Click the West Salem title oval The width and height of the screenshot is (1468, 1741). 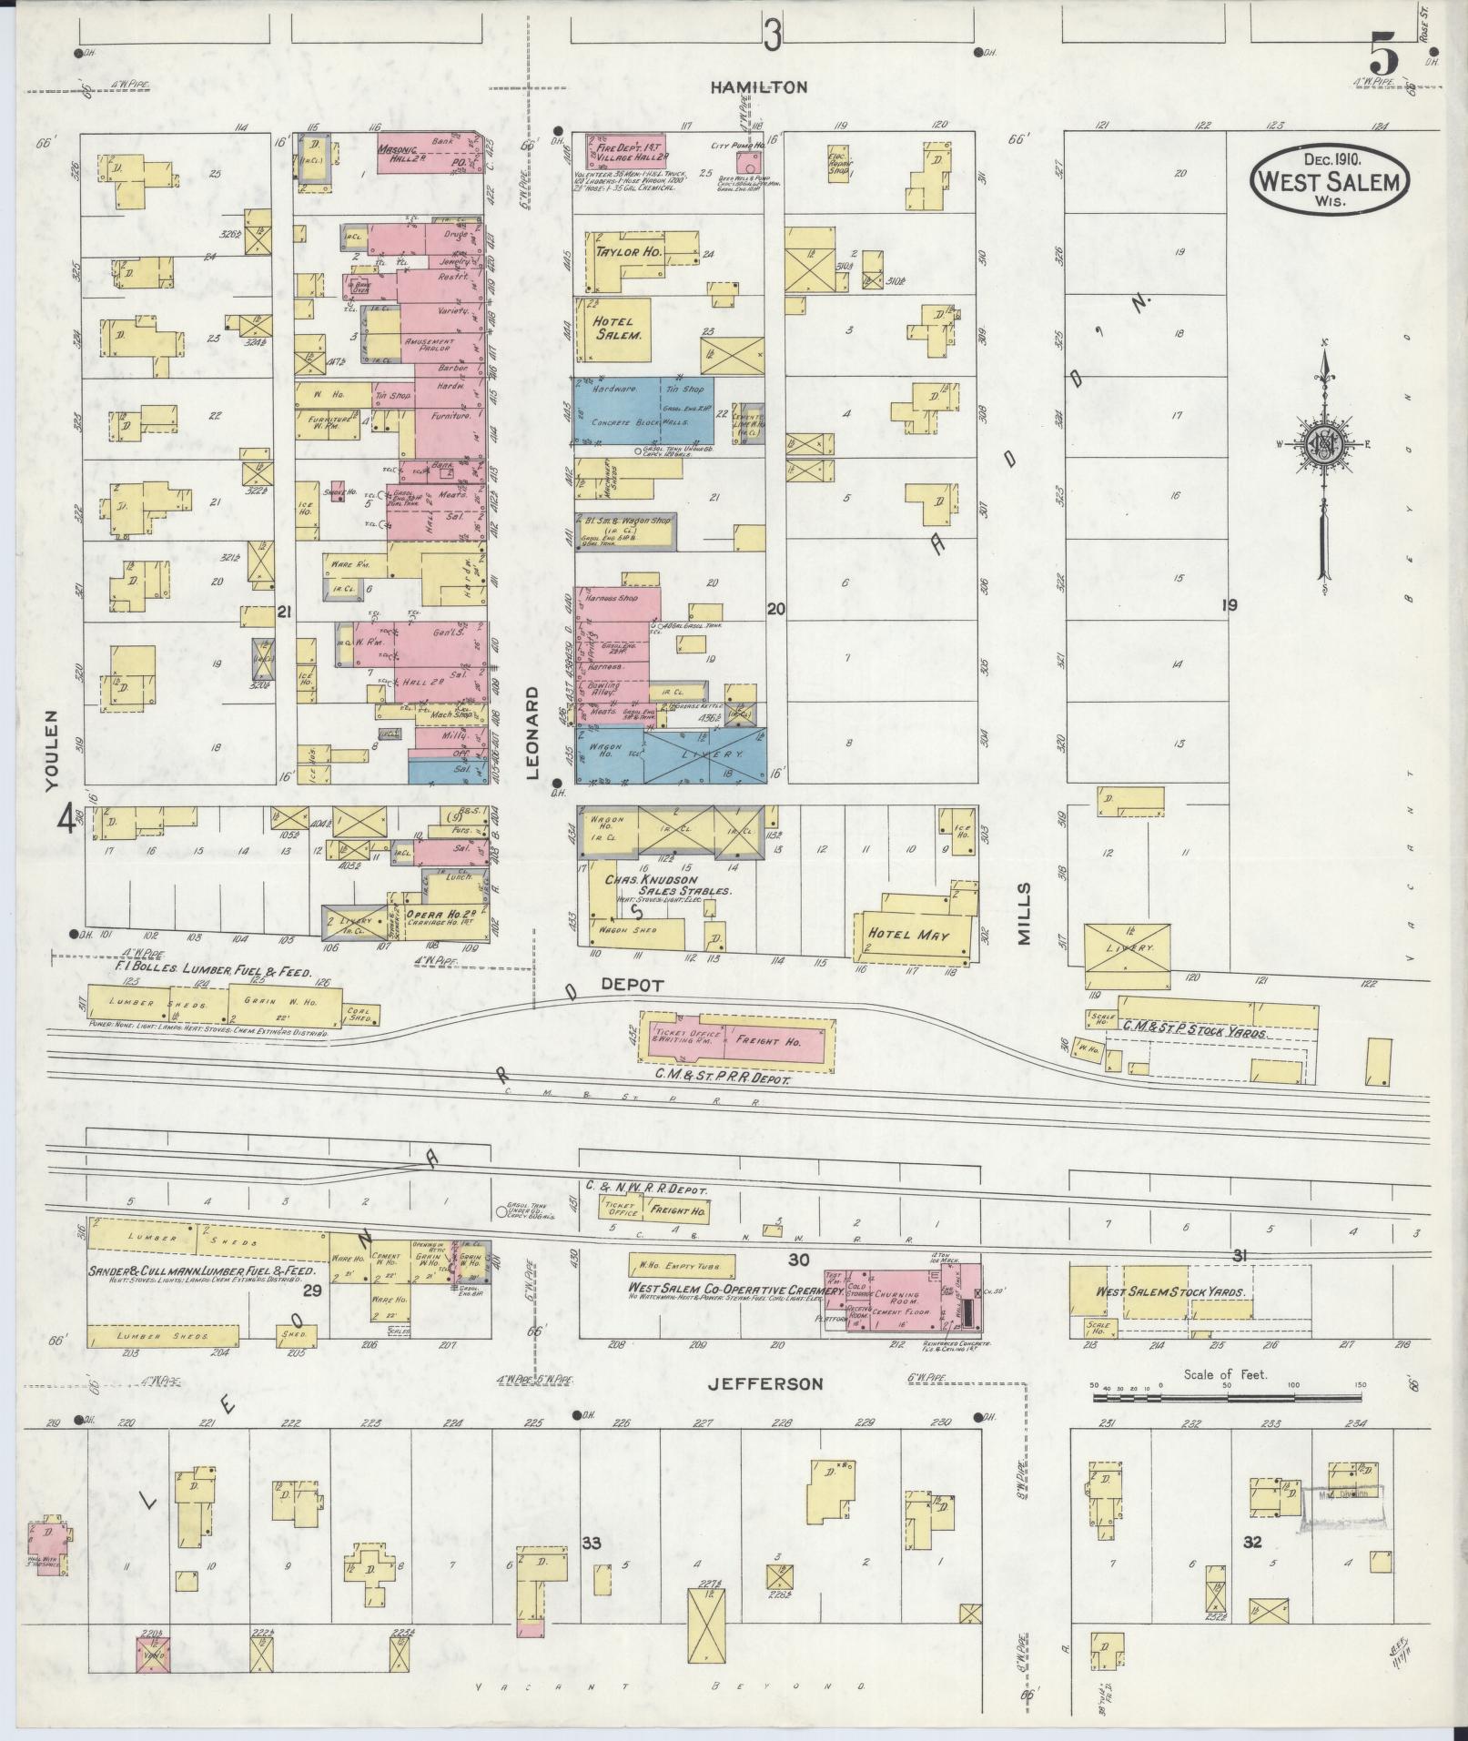(1330, 180)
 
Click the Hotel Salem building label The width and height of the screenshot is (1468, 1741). (619, 328)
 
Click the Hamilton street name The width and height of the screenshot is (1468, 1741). (759, 87)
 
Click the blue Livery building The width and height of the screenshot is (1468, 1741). (704, 755)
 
